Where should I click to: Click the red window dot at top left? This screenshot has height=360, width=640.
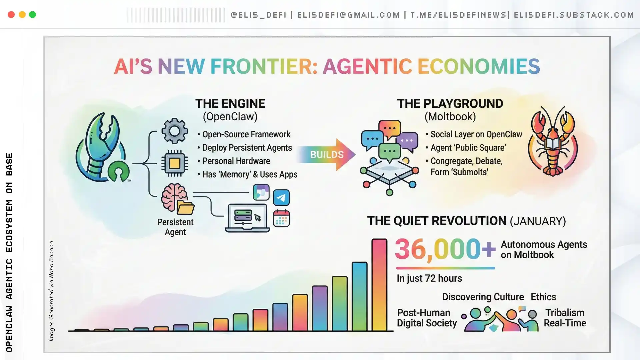(11, 15)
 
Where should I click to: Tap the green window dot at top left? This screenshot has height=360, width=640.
(32, 15)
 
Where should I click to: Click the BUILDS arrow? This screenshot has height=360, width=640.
(326, 154)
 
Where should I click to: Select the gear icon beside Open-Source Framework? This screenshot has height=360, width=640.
(174, 131)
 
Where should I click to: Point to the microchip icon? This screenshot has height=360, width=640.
(174, 163)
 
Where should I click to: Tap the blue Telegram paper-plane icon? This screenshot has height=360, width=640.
(281, 197)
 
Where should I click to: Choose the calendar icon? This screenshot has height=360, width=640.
(281, 218)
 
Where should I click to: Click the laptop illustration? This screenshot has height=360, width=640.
(247, 218)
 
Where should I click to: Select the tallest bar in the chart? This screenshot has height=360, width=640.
(379, 285)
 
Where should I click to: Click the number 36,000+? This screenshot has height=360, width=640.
(445, 249)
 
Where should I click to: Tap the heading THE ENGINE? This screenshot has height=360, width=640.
(230, 104)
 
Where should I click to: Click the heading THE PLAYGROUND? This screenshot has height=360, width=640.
(450, 104)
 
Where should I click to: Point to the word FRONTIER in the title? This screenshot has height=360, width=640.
(264, 66)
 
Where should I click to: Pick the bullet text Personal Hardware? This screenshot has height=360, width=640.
(236, 161)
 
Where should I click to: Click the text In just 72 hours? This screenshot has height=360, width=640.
(429, 278)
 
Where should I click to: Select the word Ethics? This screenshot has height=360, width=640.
(543, 297)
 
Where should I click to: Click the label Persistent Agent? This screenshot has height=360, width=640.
(175, 227)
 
